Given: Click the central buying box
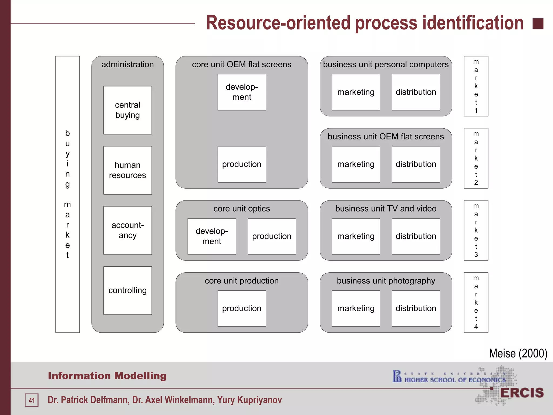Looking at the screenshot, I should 127,110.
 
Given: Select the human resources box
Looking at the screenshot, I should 127,170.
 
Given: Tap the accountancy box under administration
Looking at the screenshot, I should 127,230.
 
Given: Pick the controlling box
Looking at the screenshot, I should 127,290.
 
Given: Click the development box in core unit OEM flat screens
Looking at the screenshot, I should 242,92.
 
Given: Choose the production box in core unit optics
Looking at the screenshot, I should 272,236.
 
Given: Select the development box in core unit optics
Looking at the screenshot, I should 212,236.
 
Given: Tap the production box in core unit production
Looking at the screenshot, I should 242,308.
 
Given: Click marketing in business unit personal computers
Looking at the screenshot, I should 356,92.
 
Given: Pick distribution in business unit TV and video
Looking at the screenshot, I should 416,236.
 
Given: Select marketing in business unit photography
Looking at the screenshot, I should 356,308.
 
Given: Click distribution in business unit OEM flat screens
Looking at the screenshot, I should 416,164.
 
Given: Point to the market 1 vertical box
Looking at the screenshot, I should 476,86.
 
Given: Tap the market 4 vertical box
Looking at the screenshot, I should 476,302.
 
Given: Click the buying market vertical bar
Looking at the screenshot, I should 68,194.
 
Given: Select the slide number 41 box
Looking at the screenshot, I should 32,400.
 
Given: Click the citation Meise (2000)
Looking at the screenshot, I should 518,353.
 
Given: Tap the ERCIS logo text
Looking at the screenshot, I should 522,393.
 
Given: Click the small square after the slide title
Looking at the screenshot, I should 538,24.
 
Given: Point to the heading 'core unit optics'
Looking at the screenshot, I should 242,209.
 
